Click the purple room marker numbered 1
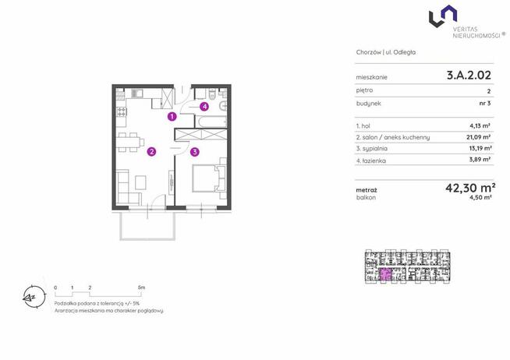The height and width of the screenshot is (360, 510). click(172, 116)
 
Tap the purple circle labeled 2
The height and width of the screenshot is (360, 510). click(151, 151)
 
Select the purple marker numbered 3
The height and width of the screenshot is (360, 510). click(194, 152)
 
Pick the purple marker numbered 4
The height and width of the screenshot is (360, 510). click(204, 106)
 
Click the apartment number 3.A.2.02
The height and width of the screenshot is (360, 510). click(469, 76)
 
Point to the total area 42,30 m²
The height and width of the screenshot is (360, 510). click(470, 188)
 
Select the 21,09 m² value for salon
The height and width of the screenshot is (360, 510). click(479, 137)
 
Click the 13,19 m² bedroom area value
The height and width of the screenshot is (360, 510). click(479, 148)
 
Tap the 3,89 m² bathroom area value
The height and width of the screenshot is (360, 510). click(480, 159)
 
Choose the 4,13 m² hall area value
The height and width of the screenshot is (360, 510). click(480, 125)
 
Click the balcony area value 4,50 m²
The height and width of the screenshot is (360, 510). click(480, 197)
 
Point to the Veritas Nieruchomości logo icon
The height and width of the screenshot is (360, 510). click(443, 16)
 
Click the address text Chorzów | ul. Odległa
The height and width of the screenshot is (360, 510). click(386, 52)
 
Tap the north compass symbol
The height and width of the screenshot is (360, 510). click(34, 297)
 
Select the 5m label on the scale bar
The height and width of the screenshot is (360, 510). click(141, 288)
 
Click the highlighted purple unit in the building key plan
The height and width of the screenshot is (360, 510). click(386, 274)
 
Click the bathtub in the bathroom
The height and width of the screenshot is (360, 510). click(211, 122)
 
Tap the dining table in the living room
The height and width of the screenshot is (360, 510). click(130, 142)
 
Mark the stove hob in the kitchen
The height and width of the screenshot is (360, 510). click(122, 112)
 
